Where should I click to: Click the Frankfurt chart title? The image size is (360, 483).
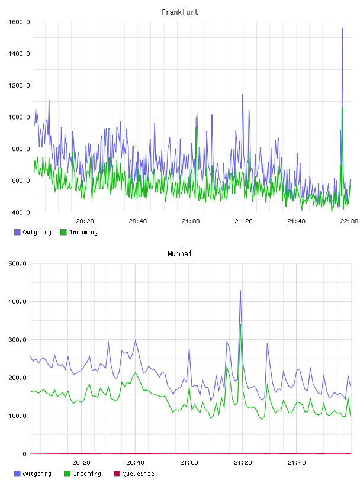[x=180, y=12]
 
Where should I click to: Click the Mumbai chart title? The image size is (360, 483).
[x=179, y=254]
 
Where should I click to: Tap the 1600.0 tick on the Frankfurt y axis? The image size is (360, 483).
[x=19, y=22]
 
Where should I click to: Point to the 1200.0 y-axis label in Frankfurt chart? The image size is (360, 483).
[x=19, y=85]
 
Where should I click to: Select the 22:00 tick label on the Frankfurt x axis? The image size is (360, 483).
[x=349, y=221]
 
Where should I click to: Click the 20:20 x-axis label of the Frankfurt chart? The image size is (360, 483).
[x=85, y=221]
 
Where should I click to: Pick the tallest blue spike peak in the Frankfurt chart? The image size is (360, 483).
[x=342, y=28]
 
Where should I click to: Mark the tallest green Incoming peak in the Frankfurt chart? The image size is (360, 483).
[x=342, y=107]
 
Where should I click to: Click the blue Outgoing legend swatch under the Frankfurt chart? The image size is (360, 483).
[x=17, y=232]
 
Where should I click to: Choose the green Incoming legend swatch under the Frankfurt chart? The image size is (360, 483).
[x=63, y=232]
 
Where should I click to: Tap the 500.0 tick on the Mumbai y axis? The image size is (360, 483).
[x=18, y=263]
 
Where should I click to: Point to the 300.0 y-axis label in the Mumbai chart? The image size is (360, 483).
[x=18, y=339]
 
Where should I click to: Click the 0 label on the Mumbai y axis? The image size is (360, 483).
[x=25, y=454]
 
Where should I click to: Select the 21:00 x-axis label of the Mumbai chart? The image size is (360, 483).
[x=189, y=463]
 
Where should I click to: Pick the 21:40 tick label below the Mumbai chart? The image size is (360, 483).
[x=297, y=463]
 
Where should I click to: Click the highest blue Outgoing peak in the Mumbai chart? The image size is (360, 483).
[x=240, y=291]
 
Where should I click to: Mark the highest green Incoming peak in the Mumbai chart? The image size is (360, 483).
[x=240, y=324]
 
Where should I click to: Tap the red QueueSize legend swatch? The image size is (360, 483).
[x=117, y=474]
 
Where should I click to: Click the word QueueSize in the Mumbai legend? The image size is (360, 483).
[x=138, y=474]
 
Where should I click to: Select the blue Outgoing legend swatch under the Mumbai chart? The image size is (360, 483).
[x=17, y=474]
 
